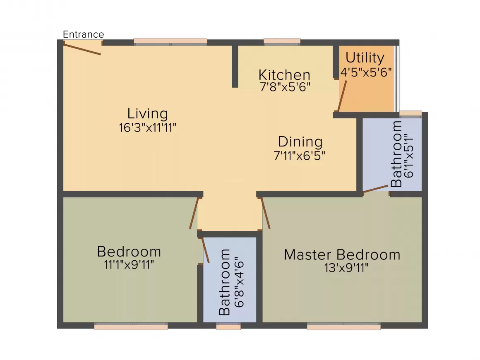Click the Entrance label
tap(83, 34)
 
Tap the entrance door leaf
tap(82, 49)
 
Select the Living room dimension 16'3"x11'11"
tap(148, 127)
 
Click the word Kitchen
tap(284, 75)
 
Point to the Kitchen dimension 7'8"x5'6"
tap(285, 87)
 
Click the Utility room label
tap(365, 58)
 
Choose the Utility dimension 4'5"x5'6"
tap(366, 72)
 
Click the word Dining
tap(300, 142)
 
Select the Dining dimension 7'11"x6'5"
tap(300, 156)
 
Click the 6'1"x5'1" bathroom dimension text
tap(409, 156)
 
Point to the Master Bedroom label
tap(342, 255)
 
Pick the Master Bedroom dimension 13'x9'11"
tap(346, 268)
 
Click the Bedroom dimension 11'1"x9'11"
tap(129, 264)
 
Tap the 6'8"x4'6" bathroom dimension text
tap(239, 284)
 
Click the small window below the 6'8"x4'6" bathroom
tap(228, 326)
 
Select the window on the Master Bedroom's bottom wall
tap(344, 326)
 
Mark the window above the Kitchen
tap(282, 42)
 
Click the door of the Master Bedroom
tap(265, 213)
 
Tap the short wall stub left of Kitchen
tap(235, 67)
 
